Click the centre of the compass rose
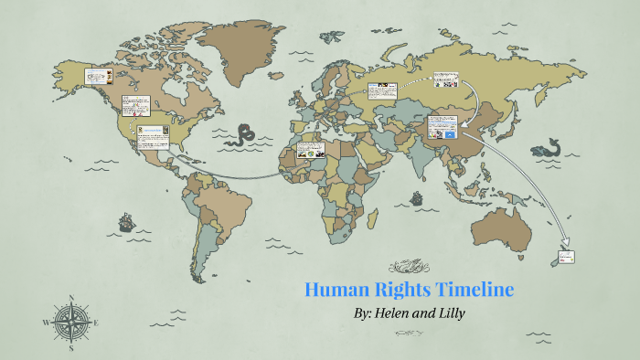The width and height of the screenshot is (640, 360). (x=69, y=323)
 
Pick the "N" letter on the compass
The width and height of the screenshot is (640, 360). (x=70, y=298)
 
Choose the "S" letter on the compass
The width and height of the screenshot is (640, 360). (x=70, y=347)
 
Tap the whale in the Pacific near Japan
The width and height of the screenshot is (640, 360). (x=549, y=146)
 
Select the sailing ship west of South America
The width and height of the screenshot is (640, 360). (x=125, y=221)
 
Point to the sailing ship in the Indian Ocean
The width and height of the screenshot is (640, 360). (x=416, y=196)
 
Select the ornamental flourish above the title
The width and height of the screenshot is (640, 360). (x=409, y=267)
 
